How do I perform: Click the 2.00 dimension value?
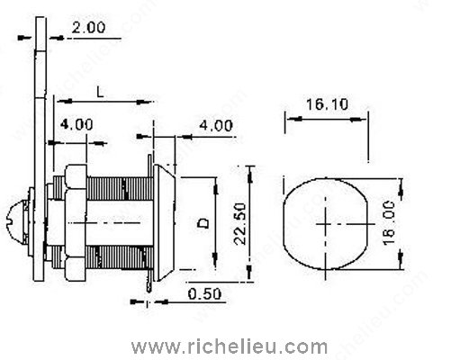click(88, 28)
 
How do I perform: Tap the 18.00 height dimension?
click(415, 220)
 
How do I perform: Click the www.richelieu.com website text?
click(230, 345)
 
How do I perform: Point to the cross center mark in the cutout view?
click(324, 221)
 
